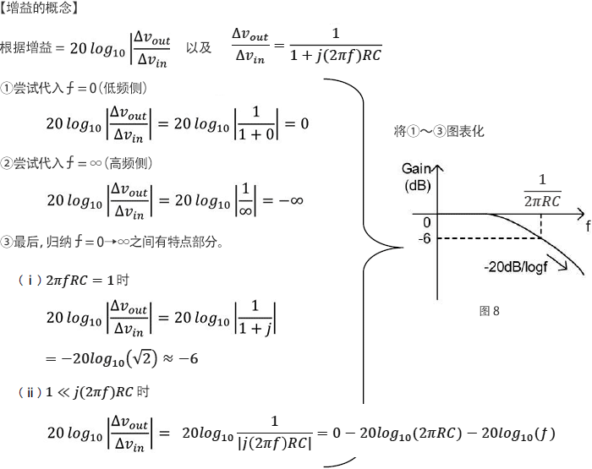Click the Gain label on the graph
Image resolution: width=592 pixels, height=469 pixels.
(x=419, y=167)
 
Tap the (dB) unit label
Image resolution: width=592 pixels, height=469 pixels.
(x=419, y=185)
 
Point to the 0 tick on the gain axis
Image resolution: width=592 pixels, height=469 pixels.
(x=427, y=222)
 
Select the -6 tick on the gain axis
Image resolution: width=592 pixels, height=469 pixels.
(x=425, y=238)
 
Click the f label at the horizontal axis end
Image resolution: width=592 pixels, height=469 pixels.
(x=587, y=226)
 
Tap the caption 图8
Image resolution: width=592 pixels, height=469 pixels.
(x=490, y=311)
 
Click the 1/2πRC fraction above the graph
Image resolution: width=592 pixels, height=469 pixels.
(x=542, y=190)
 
